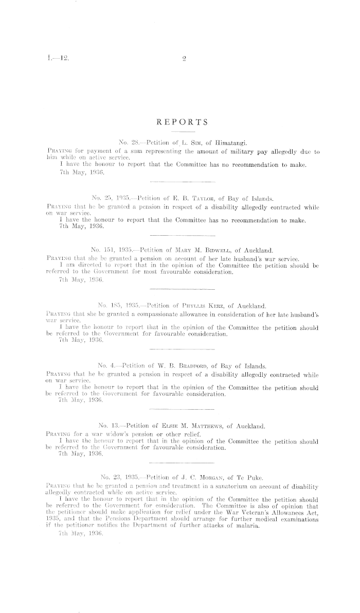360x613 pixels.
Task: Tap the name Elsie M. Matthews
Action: (x=196, y=427)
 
